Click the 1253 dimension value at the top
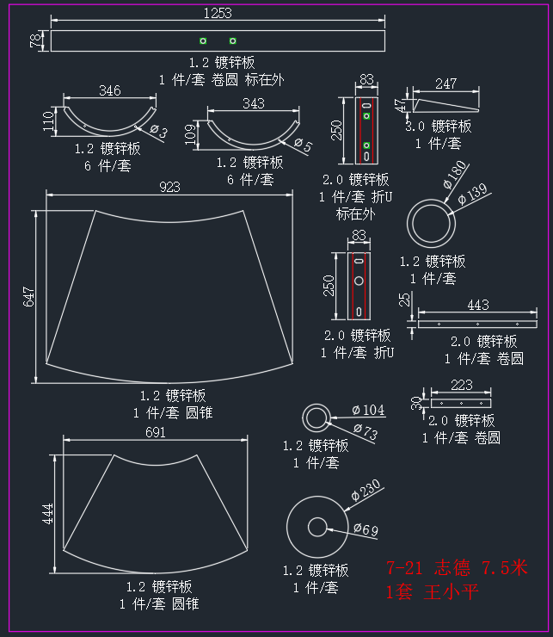(218, 14)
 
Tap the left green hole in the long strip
(203, 40)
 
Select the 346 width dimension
(110, 90)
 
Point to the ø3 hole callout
(159, 131)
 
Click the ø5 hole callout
(303, 145)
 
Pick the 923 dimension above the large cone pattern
(169, 187)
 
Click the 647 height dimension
(29, 297)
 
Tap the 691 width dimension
(156, 432)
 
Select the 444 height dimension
(48, 514)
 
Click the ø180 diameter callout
(455, 175)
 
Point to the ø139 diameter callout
(472, 194)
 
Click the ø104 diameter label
(368, 410)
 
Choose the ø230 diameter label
(366, 490)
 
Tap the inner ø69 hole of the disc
(317, 527)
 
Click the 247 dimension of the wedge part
(445, 83)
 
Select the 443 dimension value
(478, 305)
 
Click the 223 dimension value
(462, 385)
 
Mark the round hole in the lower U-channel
(359, 281)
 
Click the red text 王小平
(452, 592)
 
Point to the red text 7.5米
(505, 567)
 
